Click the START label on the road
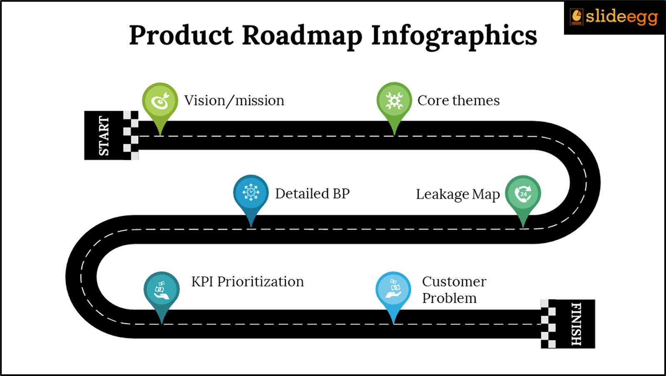(x=104, y=136)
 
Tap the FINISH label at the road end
(x=576, y=324)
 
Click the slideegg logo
(x=614, y=17)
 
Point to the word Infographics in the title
(x=454, y=36)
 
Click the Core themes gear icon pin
(x=394, y=101)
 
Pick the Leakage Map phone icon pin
(x=523, y=194)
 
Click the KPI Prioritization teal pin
(x=162, y=290)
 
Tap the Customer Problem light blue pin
(x=393, y=290)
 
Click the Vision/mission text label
(x=234, y=101)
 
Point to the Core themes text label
(x=458, y=100)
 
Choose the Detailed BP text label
(x=312, y=194)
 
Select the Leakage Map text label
(x=458, y=194)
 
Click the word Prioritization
(x=261, y=282)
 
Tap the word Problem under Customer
(x=449, y=298)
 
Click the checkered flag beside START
(x=131, y=135)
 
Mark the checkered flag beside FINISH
(x=548, y=324)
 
